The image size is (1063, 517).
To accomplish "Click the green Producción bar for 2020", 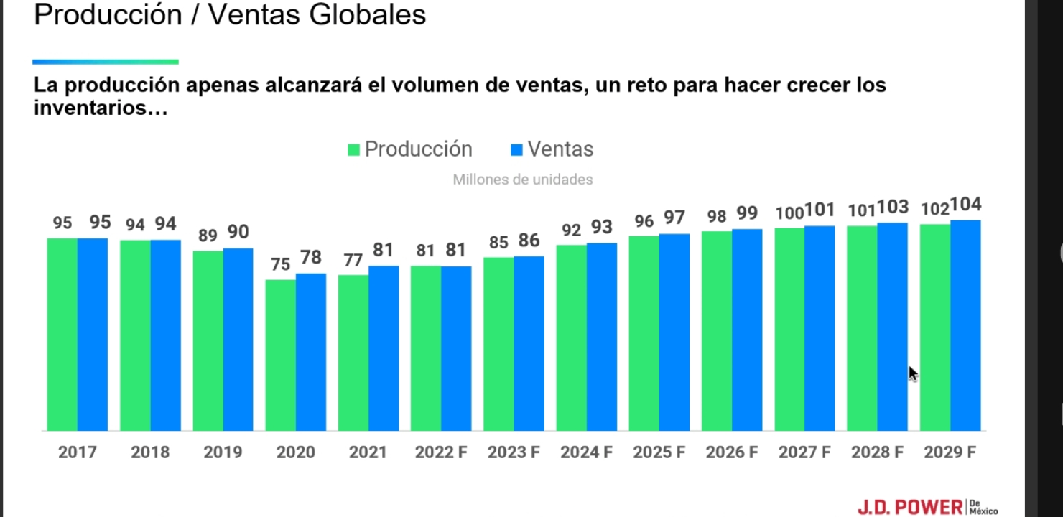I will (x=280, y=355).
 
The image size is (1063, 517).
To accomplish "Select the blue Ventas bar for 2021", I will (x=384, y=348).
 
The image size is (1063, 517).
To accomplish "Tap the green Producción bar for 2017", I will (x=62, y=334).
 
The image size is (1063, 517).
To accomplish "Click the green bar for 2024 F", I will (x=571, y=337).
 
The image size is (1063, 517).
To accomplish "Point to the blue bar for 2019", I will (x=238, y=339).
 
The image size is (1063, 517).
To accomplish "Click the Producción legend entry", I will (x=410, y=149).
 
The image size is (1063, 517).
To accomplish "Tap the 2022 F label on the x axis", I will (x=441, y=453).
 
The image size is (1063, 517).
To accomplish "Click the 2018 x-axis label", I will (x=150, y=453).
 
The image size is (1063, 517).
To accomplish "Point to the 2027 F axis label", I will (x=804, y=453).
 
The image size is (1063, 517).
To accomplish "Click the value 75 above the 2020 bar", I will (x=281, y=264).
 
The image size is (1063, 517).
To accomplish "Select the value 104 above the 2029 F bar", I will (x=966, y=205).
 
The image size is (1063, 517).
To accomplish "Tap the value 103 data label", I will (x=893, y=208).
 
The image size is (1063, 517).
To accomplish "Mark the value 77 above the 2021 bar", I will (x=353, y=260).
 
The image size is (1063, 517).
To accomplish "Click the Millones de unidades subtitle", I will (x=523, y=180).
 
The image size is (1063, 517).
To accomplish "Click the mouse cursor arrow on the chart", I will (x=912, y=373).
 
